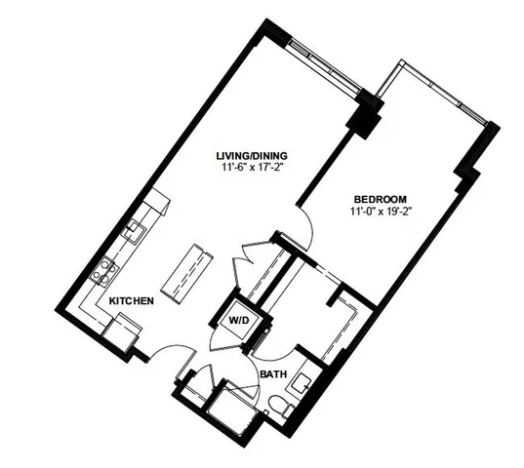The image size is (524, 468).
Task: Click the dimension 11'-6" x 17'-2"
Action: pos(257,167)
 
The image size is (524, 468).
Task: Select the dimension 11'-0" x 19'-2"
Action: pos(379,210)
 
